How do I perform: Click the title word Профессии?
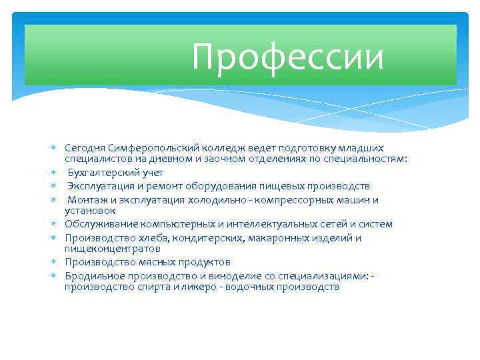point(287,57)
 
